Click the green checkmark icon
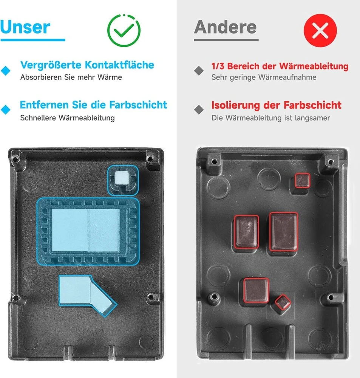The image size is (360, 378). [124, 30]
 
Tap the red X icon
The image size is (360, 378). [320, 30]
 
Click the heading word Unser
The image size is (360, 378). [25, 27]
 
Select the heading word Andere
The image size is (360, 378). [226, 27]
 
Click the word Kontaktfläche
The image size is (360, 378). [119, 65]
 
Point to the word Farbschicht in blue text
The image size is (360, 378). [138, 105]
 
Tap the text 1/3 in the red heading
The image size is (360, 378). [218, 66]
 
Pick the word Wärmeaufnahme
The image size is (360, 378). [287, 77]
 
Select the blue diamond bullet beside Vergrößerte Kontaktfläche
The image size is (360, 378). [6, 71]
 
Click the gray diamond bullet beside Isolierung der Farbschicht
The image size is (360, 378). [199, 110]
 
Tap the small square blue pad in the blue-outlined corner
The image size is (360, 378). [122, 178]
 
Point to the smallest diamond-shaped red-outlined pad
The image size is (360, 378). [283, 302]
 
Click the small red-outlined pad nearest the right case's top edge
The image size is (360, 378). [303, 180]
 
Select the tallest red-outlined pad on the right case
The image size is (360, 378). [283, 232]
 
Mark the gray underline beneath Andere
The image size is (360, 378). [226, 40]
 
